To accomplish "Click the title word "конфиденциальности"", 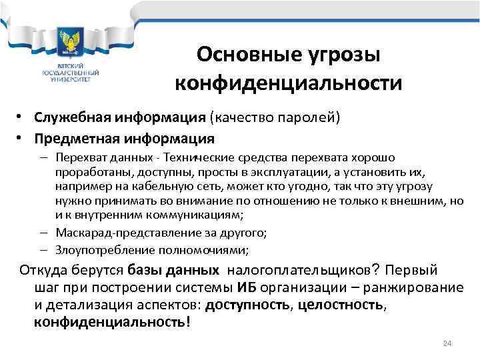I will coord(289,84).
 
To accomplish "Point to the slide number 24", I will coord(447,343).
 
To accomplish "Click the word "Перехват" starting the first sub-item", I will coord(78,158).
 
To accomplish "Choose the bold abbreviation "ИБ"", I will coord(245,287).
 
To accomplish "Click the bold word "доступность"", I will coord(246,305).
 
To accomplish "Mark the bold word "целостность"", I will coord(340,305).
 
